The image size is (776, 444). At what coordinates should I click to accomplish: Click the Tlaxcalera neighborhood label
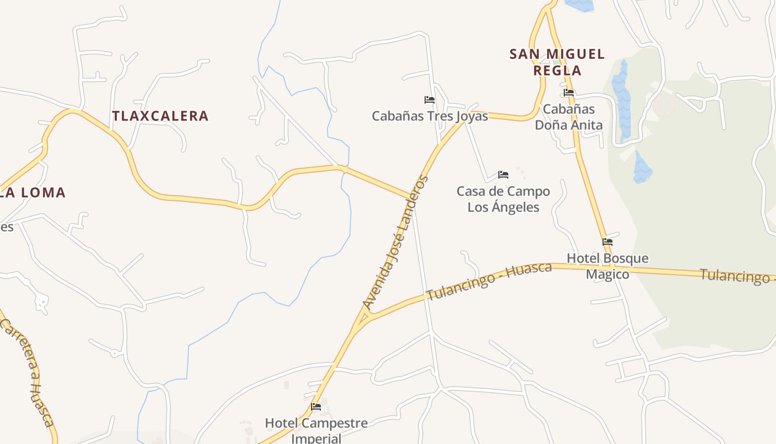point(160,116)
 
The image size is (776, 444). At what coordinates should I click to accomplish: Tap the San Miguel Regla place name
point(557,62)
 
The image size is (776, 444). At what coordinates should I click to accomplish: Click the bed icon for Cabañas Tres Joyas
point(430,100)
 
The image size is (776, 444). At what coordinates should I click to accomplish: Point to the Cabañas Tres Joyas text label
point(430,116)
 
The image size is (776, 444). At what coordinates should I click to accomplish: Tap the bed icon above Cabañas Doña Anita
point(569,93)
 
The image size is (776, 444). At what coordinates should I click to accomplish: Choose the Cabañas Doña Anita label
point(569,117)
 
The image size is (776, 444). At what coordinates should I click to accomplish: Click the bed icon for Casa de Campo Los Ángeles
point(503,174)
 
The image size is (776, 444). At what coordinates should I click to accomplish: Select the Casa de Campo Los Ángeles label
point(503,199)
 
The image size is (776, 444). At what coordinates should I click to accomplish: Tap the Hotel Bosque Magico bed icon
point(607,242)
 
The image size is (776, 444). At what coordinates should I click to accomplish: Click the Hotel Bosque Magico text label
point(607,266)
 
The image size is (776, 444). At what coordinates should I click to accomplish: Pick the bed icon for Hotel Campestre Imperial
point(316,407)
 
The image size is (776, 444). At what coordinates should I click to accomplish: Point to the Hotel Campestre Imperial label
point(316,430)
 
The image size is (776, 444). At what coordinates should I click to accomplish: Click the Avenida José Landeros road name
point(395,243)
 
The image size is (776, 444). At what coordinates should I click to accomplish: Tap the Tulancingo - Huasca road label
point(489,281)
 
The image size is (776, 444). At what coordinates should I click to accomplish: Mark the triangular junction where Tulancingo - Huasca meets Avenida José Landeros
point(364,319)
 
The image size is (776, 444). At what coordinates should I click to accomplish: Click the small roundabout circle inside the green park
point(663,104)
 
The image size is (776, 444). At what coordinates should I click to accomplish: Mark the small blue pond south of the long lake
point(642,168)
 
